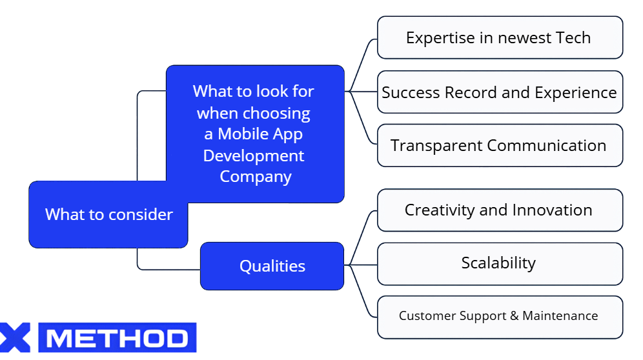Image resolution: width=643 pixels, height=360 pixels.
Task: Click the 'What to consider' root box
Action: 108,215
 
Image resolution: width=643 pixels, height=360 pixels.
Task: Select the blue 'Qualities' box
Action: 272,266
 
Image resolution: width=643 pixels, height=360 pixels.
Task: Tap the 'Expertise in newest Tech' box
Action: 499,37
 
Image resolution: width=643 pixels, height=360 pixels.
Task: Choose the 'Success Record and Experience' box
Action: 499,92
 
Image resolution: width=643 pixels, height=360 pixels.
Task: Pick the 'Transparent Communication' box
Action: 499,145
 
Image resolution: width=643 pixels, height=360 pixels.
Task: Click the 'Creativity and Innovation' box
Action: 499,210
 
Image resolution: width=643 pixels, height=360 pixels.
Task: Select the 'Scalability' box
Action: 499,263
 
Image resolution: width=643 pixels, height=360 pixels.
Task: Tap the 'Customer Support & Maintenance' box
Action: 499,316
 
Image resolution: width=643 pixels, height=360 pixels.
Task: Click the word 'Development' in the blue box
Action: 254,155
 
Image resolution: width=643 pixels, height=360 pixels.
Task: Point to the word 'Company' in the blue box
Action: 256,176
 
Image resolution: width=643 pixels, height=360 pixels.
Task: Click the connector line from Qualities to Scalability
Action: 362,265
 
